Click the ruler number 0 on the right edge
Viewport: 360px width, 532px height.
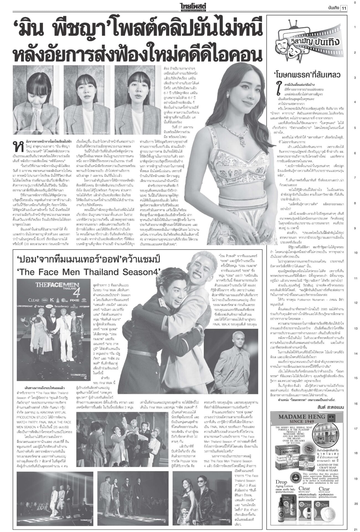tap(355, 3)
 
